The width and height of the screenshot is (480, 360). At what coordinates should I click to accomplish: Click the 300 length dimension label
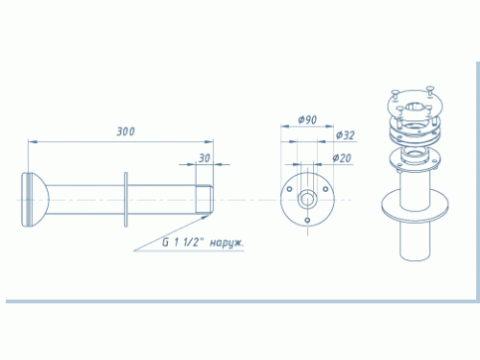point(126,132)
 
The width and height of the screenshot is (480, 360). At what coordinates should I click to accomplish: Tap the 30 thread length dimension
point(204,158)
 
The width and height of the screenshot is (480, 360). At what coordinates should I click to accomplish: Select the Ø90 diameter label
point(307,120)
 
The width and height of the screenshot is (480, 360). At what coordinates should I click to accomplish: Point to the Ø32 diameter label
point(346,135)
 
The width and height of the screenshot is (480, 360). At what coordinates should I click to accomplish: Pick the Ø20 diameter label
point(342,157)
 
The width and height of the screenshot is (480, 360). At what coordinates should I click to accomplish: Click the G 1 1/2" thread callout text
point(182,242)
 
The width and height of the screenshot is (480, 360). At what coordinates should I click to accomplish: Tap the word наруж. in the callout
point(227,243)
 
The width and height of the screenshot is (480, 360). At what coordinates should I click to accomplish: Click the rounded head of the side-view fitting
point(36,200)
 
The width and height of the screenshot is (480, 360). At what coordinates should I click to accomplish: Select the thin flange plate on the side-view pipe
point(126,200)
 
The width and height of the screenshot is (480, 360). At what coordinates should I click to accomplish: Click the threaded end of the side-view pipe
point(204,200)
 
